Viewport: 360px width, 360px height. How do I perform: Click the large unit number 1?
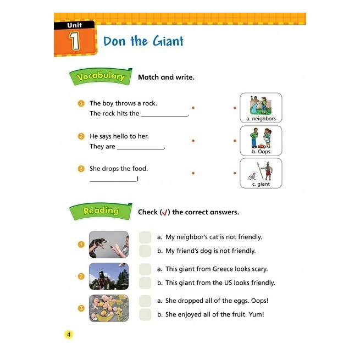point(75,41)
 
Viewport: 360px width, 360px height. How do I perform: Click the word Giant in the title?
point(168,41)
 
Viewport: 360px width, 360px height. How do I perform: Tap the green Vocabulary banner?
point(101,76)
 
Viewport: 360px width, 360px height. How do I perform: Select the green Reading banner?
point(101,211)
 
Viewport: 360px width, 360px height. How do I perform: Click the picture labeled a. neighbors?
point(261,108)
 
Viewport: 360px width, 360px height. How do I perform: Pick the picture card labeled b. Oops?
point(261,141)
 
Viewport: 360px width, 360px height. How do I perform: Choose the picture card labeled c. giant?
point(261,173)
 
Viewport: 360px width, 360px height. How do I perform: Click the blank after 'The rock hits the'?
point(165,116)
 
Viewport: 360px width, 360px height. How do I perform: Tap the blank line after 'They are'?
point(141,149)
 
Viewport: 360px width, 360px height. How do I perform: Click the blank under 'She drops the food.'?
point(113,181)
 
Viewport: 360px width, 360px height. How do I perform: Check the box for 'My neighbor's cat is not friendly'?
point(145,237)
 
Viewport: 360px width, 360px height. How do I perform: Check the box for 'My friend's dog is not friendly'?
point(145,251)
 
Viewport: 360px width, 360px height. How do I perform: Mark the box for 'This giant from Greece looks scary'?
point(145,269)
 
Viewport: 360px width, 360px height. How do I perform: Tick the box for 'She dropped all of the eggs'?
point(145,301)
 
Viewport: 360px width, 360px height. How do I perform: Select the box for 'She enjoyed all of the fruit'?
point(145,314)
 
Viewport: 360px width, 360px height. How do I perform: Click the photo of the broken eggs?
point(109,308)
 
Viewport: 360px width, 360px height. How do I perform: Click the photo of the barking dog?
point(109,245)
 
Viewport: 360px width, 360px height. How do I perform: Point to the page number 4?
point(69,335)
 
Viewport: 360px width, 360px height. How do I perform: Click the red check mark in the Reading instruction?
point(165,213)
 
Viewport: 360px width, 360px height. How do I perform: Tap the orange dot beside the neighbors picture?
point(235,108)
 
